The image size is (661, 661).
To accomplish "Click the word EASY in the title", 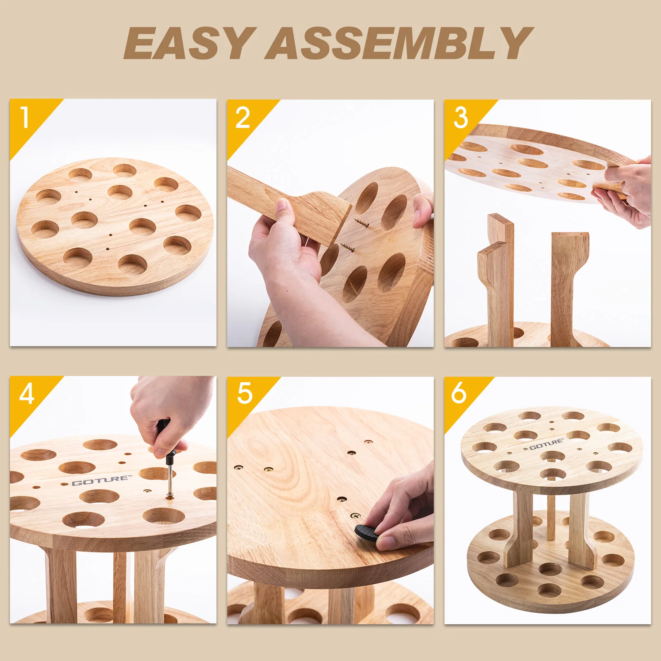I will [188, 43].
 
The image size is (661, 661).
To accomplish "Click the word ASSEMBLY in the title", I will [399, 43].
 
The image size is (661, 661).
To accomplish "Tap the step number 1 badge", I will [25, 117].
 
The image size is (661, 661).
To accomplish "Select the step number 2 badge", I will [243, 118].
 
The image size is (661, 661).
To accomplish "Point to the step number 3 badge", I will [460, 118].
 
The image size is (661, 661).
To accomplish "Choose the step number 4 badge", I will [26, 394].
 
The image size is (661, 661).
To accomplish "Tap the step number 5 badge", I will [245, 393].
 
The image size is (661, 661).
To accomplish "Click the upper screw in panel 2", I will [360, 222].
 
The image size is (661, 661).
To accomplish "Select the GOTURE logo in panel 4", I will [102, 480].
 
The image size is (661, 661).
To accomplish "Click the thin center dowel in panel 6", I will [551, 516].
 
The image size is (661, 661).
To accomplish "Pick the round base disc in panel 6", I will [549, 587].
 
